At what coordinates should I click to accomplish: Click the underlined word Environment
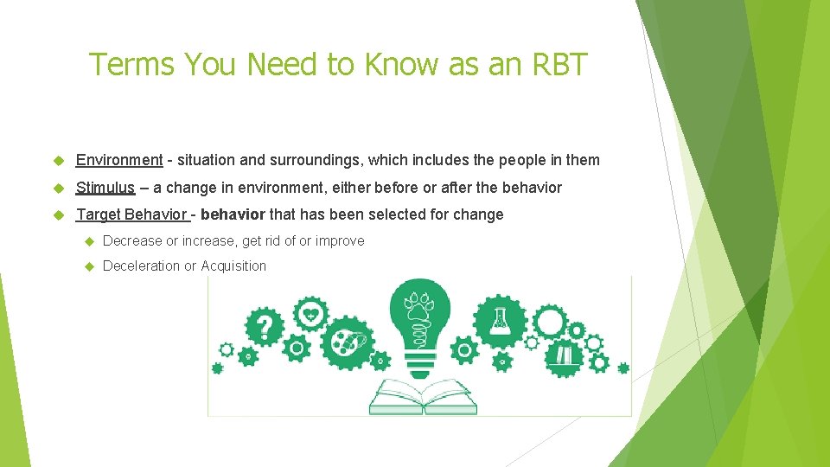tap(119, 160)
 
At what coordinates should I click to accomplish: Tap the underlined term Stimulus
tap(105, 188)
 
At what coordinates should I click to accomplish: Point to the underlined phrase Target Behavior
tap(131, 214)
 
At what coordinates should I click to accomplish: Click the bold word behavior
tap(233, 214)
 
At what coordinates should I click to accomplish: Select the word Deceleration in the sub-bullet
tap(141, 265)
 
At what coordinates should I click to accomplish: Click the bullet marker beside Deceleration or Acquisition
tap(87, 266)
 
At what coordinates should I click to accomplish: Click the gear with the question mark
tap(265, 328)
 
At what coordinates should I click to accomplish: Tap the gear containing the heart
tap(310, 313)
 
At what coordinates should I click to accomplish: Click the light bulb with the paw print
tap(420, 320)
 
